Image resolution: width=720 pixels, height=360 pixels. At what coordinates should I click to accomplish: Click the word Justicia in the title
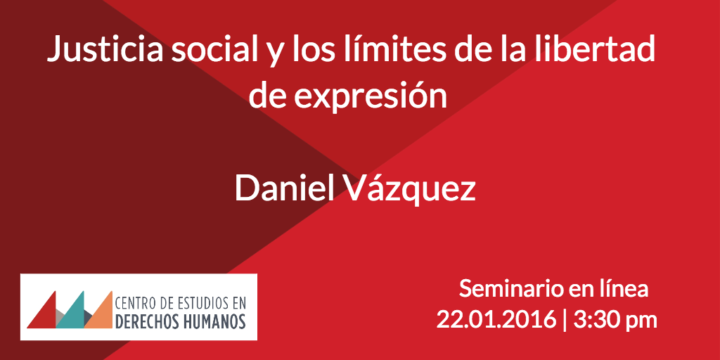pos(105,49)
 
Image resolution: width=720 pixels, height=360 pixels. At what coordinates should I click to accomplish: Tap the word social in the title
pos(215,49)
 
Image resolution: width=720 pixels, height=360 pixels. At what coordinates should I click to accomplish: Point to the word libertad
pos(595,49)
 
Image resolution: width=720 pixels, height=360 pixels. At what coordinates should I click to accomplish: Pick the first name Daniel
pos(284,188)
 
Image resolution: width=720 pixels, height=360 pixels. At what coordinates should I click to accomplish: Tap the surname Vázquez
pos(410,188)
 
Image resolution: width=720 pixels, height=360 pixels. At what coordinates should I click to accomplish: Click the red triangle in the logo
pos(43,313)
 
